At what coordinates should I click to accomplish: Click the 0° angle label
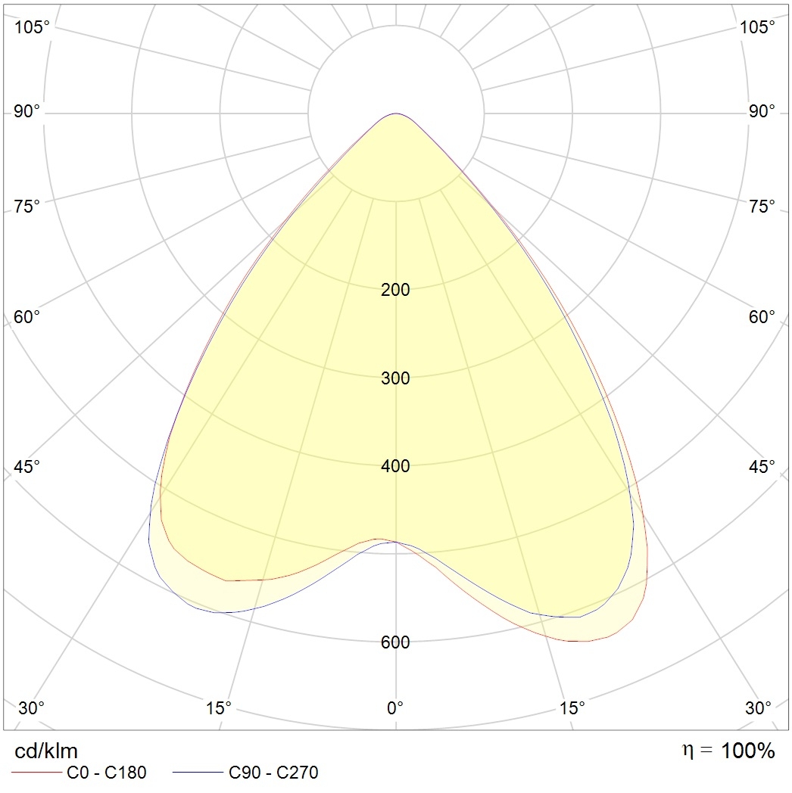pyautogui.click(x=395, y=708)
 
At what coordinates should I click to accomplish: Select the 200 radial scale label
pyautogui.click(x=395, y=290)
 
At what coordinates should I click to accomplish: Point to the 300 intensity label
pyautogui.click(x=395, y=378)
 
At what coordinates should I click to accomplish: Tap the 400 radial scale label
pyautogui.click(x=395, y=466)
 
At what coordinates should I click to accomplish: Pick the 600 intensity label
pyautogui.click(x=395, y=642)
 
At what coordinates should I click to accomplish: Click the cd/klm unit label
pyautogui.click(x=46, y=751)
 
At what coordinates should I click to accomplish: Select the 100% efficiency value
pyautogui.click(x=748, y=751)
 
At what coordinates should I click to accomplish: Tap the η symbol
pyautogui.click(x=688, y=751)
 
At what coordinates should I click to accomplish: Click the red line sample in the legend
pyautogui.click(x=36, y=773)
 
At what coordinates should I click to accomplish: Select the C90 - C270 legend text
pyautogui.click(x=273, y=773)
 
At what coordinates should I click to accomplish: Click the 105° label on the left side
pyautogui.click(x=32, y=27)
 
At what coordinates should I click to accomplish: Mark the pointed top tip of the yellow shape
pyautogui.click(x=395, y=114)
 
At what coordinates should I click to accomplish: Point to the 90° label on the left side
pyautogui.click(x=27, y=112)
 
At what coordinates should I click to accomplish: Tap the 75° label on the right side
pyautogui.click(x=762, y=206)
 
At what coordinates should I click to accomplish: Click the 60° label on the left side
pyautogui.click(x=27, y=316)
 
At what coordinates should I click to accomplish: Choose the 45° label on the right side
pyautogui.click(x=762, y=466)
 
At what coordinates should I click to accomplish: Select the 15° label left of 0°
pyautogui.click(x=219, y=708)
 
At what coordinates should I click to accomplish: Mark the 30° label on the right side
pyautogui.click(x=759, y=708)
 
